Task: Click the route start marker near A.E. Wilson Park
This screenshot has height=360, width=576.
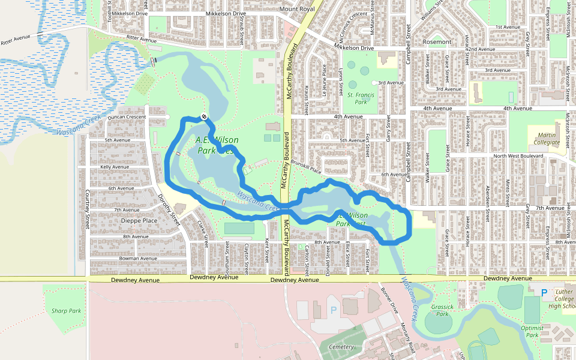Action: [205, 116]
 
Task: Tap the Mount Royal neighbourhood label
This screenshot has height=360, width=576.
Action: [297, 9]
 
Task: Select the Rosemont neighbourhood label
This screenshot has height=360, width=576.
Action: [437, 42]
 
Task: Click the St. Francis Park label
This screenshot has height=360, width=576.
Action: [361, 98]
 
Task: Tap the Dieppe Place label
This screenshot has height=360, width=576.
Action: [139, 220]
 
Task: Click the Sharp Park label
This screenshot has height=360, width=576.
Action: [66, 311]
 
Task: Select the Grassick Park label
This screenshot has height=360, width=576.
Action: [442, 310]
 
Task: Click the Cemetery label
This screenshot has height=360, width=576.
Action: [341, 347]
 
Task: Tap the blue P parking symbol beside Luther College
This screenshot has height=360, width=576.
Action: [544, 293]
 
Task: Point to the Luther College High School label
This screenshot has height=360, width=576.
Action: [562, 299]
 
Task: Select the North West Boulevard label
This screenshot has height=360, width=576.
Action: [517, 156]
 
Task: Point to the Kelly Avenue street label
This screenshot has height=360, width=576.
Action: [115, 167]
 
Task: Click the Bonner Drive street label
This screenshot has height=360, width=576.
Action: [389, 299]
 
